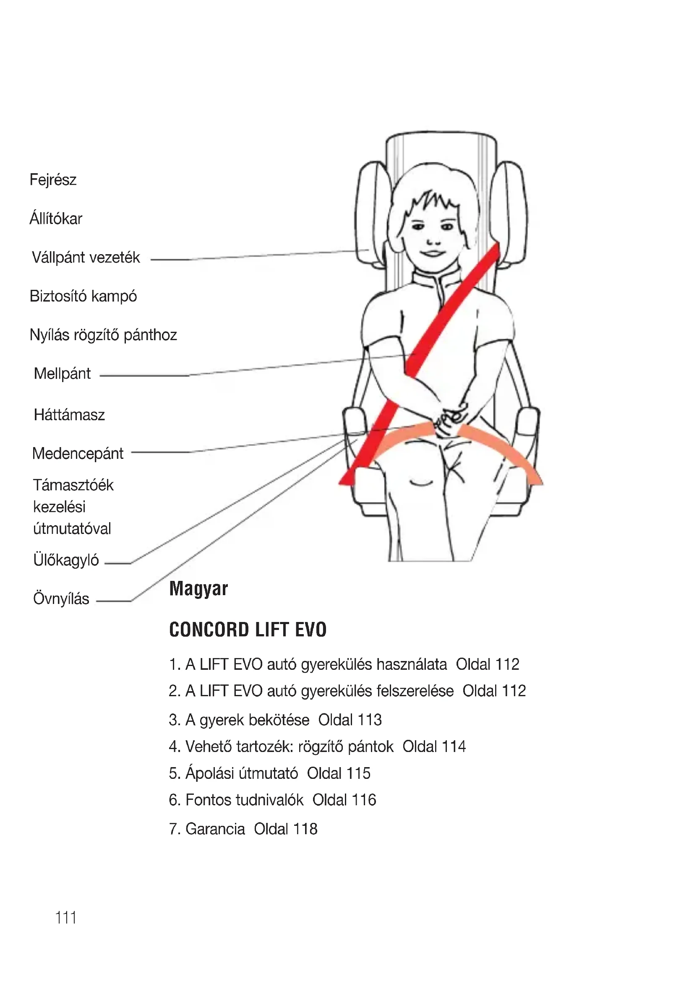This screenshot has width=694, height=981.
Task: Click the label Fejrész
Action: click(x=53, y=180)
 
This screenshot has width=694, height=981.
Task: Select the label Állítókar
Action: click(x=55, y=219)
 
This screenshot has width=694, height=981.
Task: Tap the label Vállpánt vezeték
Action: click(x=86, y=258)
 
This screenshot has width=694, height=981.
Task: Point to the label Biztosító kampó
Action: click(x=83, y=296)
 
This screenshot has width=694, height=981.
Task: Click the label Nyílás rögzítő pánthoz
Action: click(x=103, y=335)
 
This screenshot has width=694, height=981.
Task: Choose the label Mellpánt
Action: click(x=63, y=374)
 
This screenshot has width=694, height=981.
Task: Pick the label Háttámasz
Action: click(x=69, y=415)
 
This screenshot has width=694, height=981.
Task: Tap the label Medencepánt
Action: click(x=78, y=453)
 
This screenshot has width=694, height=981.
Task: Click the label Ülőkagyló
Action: click(x=66, y=560)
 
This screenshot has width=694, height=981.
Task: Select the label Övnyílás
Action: click(x=61, y=598)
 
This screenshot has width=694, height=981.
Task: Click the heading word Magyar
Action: click(x=199, y=589)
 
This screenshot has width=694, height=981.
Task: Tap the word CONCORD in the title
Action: click(x=209, y=630)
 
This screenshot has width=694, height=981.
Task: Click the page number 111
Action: click(x=66, y=917)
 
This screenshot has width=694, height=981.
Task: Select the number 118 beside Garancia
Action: click(x=305, y=829)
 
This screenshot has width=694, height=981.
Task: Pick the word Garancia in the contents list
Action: click(x=215, y=829)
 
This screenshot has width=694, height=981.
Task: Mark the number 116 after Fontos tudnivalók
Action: click(x=364, y=800)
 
